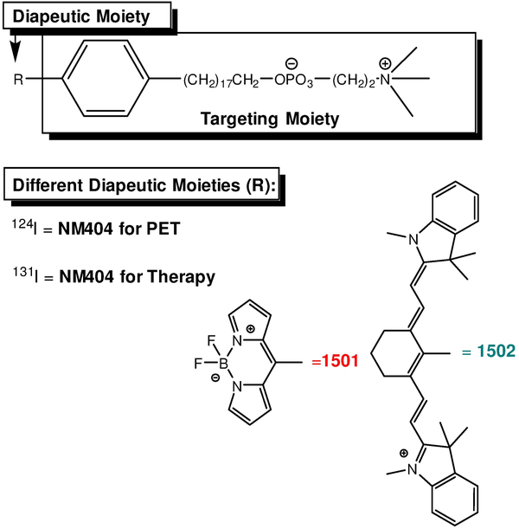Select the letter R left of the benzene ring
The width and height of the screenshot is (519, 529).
pos(18,81)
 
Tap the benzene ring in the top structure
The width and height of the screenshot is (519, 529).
pos(109,81)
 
